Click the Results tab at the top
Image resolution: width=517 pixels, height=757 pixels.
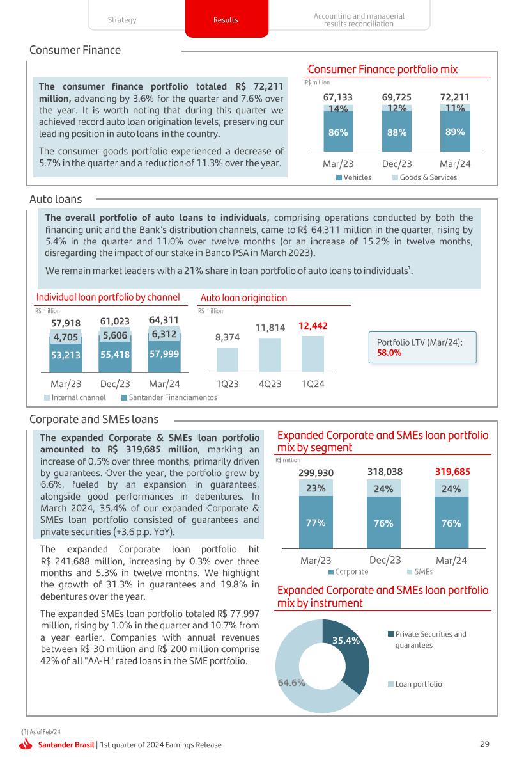pos(226,20)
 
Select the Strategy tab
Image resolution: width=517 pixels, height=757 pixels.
pos(122,20)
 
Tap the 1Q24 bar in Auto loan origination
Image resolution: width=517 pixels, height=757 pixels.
pos(313,354)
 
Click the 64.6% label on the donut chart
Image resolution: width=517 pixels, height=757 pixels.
pos(291,682)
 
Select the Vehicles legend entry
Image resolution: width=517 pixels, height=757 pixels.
pos(353,177)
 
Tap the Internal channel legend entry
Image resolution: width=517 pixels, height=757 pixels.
pos(75,397)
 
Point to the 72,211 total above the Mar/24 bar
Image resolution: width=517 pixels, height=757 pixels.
pos(454,97)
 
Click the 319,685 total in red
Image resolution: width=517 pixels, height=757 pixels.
pos(452,472)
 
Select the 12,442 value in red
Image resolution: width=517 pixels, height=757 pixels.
pos(313,326)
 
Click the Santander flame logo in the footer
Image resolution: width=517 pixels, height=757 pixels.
pos(26,744)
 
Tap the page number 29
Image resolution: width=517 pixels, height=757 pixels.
pos(484,744)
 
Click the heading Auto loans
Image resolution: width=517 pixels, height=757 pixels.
pos(56,200)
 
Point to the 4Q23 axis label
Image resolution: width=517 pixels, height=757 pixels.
pos(270,385)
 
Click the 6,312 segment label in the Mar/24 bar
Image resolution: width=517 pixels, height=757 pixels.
pos(164,333)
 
